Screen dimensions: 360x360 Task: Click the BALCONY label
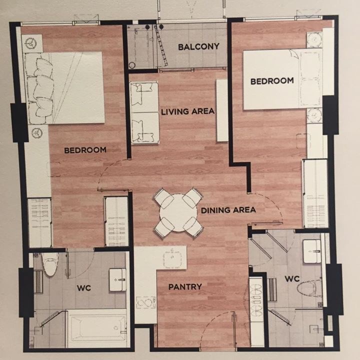click(198, 47)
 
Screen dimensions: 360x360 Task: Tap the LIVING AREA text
click(188, 112)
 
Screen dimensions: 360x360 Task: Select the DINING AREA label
click(228, 210)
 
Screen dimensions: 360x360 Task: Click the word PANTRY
click(185, 287)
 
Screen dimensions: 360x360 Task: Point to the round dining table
click(178, 213)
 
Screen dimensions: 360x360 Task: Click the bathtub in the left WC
click(97, 328)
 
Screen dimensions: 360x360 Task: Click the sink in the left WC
click(117, 280)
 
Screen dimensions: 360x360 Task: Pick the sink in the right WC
click(312, 251)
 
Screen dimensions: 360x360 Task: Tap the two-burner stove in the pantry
click(146, 303)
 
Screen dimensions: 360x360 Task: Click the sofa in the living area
click(144, 113)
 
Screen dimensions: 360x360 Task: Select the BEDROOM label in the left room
click(85, 150)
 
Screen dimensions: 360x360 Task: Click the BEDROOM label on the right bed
click(272, 81)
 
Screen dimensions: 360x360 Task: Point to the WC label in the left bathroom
click(84, 288)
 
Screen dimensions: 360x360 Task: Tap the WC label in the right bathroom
click(292, 279)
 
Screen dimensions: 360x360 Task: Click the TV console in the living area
click(222, 110)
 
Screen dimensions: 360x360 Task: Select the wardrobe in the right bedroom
click(315, 193)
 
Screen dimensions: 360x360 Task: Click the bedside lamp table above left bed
click(32, 43)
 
